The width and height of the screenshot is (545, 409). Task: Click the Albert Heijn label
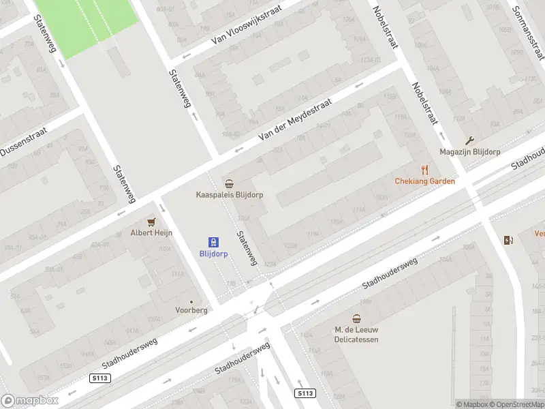[x=151, y=232]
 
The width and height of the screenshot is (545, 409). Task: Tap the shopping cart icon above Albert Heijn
[x=151, y=222]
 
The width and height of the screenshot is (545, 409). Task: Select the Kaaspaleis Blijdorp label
[x=230, y=194]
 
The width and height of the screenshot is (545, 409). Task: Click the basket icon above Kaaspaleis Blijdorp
[x=230, y=183]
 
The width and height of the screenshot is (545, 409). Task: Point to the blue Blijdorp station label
[x=213, y=253]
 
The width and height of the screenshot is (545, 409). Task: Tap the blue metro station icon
[x=213, y=241]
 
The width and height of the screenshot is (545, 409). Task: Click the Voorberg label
[x=191, y=309]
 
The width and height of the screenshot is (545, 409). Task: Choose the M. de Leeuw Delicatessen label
[x=356, y=334]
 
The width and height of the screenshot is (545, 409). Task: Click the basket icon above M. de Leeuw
[x=356, y=318]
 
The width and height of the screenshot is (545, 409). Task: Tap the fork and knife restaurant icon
[x=425, y=170]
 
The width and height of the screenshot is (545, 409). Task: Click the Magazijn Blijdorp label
[x=469, y=151]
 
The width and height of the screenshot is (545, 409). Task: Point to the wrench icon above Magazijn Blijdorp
[x=469, y=140]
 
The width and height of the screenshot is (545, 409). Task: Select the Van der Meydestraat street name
[x=294, y=119]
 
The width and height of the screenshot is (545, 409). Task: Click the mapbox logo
[x=30, y=401]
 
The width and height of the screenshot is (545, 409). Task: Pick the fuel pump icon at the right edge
[x=508, y=239]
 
